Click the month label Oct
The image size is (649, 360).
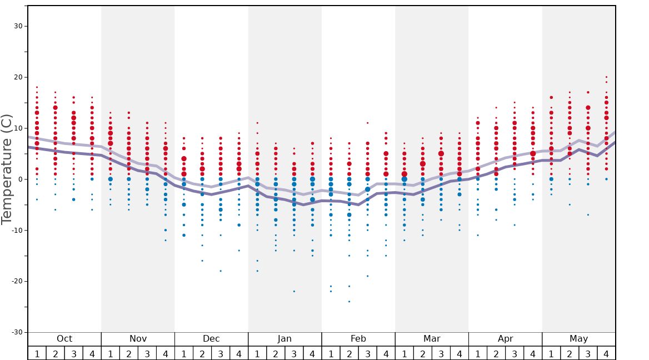point(64,339)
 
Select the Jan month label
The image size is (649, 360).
point(284,339)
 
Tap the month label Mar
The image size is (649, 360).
point(432,339)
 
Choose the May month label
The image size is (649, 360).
point(578,339)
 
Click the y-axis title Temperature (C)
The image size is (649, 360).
point(7,169)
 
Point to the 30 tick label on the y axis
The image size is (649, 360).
point(17,26)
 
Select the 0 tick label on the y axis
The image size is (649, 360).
point(20,179)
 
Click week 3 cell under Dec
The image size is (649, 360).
point(221,353)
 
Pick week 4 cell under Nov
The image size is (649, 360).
point(166,353)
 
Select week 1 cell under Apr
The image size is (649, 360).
point(477,353)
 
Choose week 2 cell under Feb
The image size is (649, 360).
point(349,353)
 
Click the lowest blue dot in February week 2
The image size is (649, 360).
point(349,302)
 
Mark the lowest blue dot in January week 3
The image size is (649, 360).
point(294,291)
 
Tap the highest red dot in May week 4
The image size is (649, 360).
point(606,77)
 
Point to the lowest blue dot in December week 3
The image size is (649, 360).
point(221,271)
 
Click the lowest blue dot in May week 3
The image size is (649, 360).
point(588,215)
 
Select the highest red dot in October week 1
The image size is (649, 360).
point(37,87)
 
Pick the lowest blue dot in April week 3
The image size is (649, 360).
point(515,225)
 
